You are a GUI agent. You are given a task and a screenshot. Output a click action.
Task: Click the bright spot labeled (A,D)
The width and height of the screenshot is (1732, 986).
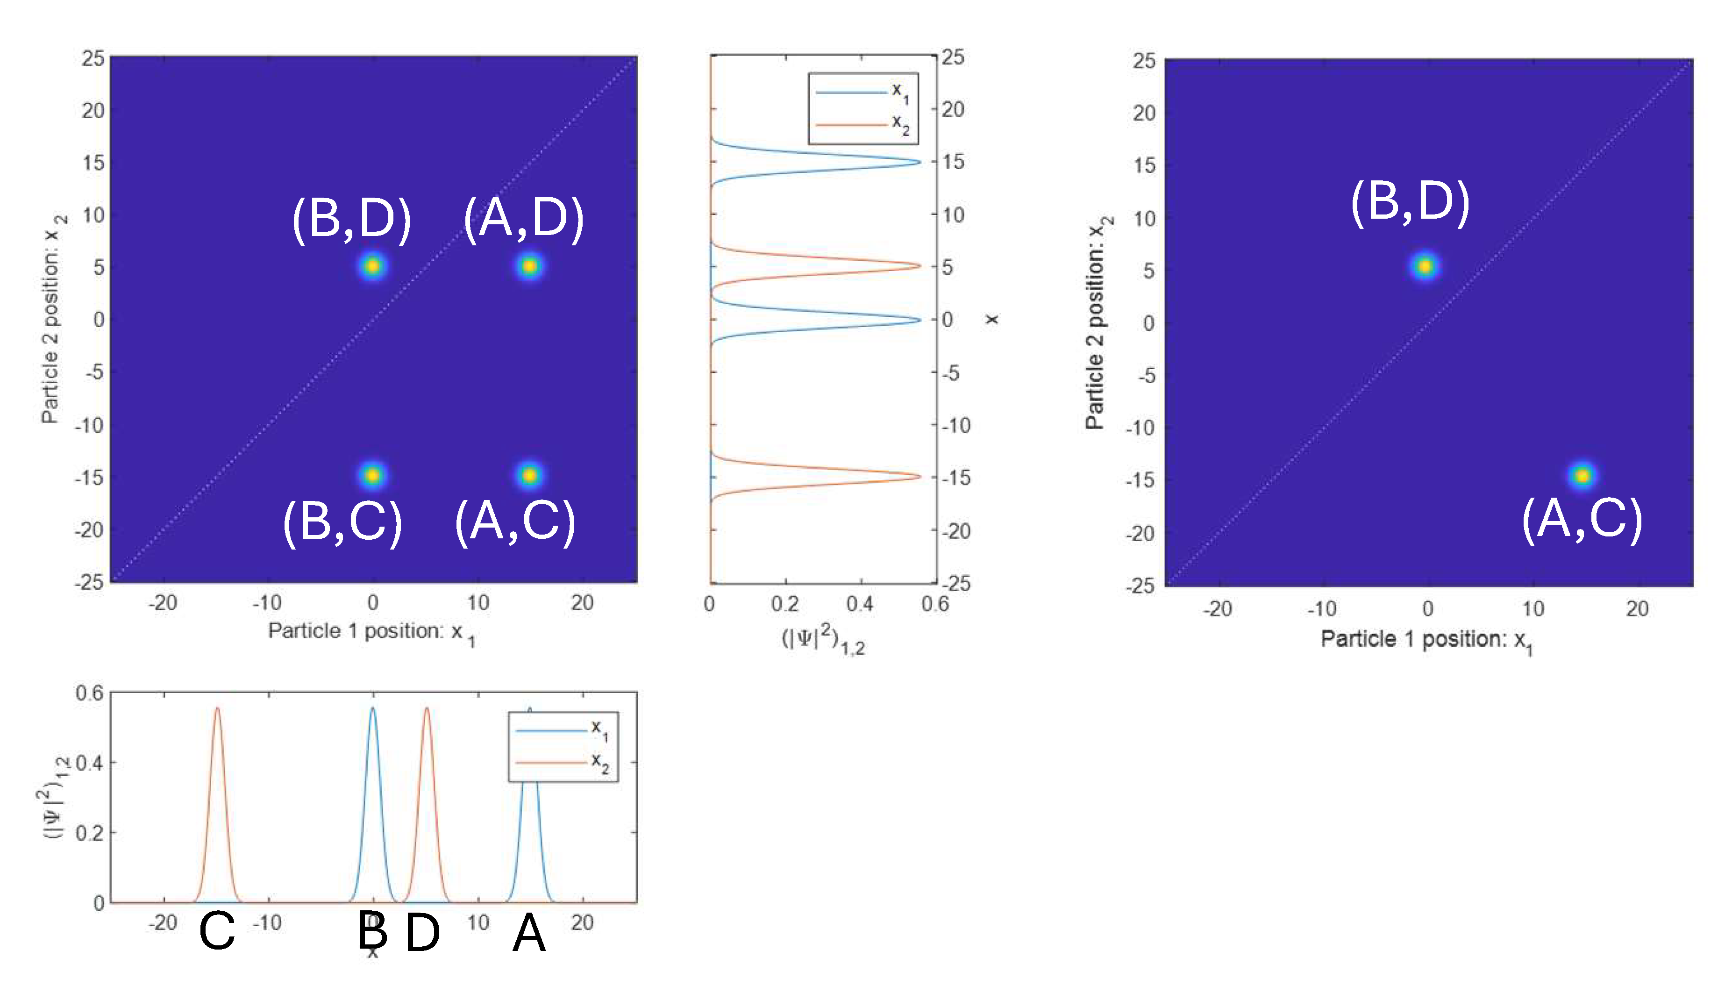(529, 266)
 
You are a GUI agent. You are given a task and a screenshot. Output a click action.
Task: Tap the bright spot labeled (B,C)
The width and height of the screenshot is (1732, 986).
(372, 475)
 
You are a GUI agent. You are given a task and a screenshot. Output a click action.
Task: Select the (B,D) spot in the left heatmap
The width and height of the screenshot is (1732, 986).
(372, 266)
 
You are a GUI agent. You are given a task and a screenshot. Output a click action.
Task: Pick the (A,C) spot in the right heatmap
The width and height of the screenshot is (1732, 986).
(1582, 475)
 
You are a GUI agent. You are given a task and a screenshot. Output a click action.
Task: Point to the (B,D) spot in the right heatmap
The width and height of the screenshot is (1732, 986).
(1425, 267)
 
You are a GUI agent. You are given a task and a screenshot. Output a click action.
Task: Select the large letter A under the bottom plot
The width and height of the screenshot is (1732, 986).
(529, 933)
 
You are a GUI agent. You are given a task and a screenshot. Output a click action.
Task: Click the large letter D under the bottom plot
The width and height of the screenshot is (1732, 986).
(422, 933)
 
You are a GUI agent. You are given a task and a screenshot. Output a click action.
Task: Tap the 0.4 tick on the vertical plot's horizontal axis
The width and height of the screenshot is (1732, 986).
(859, 603)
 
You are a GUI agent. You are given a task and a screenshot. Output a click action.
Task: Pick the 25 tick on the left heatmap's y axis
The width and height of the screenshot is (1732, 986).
(93, 58)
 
